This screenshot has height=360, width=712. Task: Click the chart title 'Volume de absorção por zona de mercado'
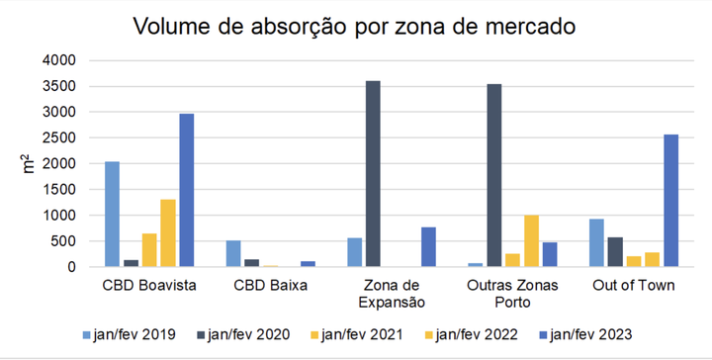pyautogui.click(x=356, y=24)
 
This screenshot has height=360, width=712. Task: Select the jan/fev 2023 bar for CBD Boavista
pyautogui.click(x=187, y=190)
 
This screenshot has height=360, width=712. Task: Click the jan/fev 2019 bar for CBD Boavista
pyautogui.click(x=112, y=214)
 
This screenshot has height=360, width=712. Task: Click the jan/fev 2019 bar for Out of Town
pyautogui.click(x=595, y=242)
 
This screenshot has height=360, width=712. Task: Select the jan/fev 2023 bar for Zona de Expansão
pyautogui.click(x=428, y=246)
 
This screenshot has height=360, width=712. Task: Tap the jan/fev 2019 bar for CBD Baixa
pyautogui.click(x=233, y=253)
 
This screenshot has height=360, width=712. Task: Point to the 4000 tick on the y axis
pyautogui.click(x=58, y=60)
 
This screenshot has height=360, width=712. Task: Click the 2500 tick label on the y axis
pyautogui.click(x=58, y=137)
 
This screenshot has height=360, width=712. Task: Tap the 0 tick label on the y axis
pyautogui.click(x=69, y=267)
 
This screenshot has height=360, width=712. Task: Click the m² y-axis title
pyautogui.click(x=29, y=163)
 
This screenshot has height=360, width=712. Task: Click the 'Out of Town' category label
pyautogui.click(x=633, y=287)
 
